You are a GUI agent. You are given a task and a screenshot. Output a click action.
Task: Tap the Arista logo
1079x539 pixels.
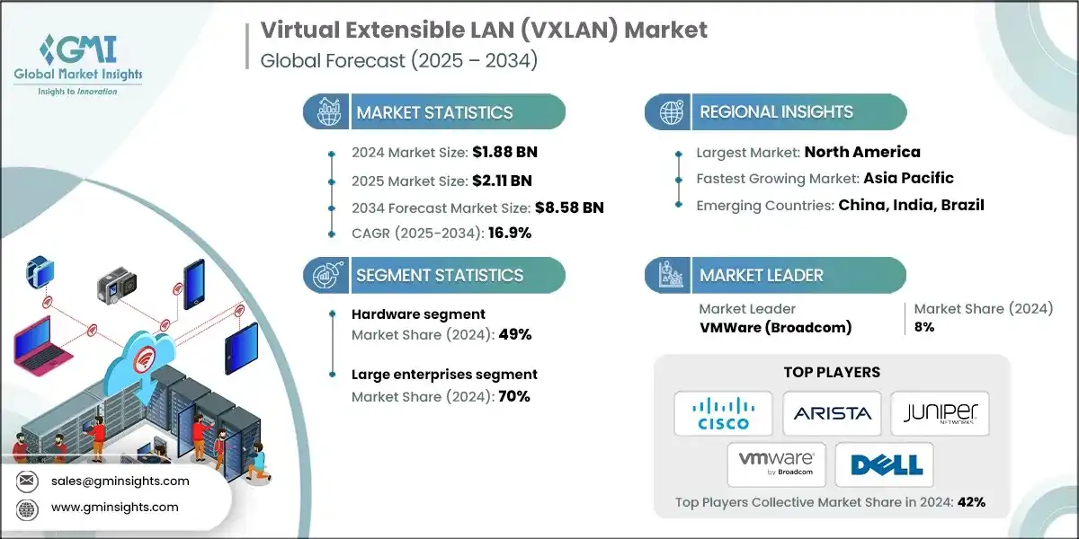coord(832,413)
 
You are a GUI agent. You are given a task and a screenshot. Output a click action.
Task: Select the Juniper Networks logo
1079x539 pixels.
coord(940,413)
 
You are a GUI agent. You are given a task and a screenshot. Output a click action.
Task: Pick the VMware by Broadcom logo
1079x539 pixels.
coord(776,464)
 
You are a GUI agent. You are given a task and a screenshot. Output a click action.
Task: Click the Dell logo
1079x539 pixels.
coord(885,464)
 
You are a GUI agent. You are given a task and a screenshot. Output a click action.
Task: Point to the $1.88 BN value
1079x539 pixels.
coord(504,151)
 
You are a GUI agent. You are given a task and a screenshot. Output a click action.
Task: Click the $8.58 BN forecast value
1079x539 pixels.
coord(568,208)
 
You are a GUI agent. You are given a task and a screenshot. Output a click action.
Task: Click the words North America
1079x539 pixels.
coord(862,151)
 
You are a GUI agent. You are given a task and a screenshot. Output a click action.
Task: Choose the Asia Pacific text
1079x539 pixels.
coord(908,178)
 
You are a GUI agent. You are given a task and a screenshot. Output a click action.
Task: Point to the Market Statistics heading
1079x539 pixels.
coord(434,112)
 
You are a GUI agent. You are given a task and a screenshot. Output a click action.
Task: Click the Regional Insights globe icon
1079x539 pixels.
coord(670,112)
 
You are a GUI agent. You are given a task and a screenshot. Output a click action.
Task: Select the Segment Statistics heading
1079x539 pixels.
coord(440,275)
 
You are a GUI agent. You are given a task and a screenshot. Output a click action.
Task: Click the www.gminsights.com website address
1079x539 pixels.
coord(114,508)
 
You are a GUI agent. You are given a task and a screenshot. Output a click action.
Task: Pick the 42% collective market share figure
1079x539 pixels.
coord(971,502)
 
